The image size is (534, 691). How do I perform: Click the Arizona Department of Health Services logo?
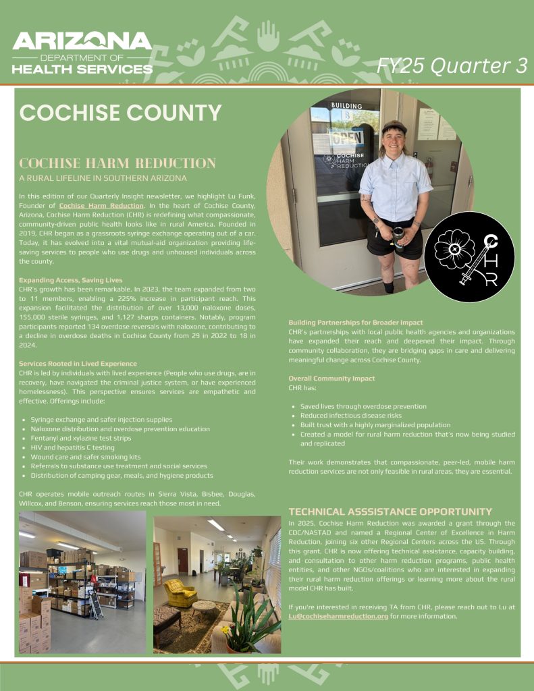coord(82,52)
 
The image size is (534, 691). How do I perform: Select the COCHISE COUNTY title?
coord(121,113)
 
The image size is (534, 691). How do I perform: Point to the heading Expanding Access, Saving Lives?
coord(71,279)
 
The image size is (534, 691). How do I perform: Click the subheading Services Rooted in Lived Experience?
coord(78,364)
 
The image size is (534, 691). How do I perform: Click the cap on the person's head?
coord(394,126)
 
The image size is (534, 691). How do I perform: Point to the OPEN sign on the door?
coord(347,138)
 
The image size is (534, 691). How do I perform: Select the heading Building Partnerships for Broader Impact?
coord(356,323)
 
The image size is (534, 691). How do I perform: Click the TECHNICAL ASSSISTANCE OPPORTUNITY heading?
coord(390,512)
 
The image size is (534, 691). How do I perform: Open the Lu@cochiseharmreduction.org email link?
coord(338,616)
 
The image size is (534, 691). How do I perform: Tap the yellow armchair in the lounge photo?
coord(180,592)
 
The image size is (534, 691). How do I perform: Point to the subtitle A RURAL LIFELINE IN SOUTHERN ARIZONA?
coord(103,178)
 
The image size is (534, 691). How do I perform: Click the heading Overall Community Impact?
coord(331,379)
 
